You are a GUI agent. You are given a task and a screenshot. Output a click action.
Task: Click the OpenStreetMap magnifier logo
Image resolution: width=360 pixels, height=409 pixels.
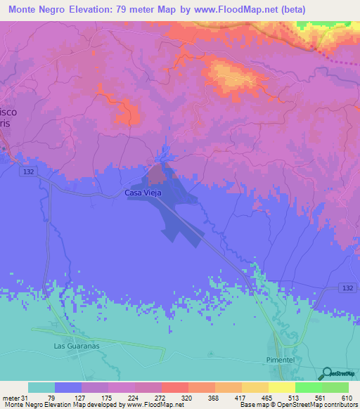point(327,374)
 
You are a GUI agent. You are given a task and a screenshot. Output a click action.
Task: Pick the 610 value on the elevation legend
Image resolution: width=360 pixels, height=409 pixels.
point(347,397)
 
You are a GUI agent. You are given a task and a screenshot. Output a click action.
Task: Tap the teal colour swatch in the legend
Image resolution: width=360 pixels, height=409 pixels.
point(41,387)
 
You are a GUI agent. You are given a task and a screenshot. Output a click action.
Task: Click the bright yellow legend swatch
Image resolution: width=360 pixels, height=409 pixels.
point(282,387)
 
